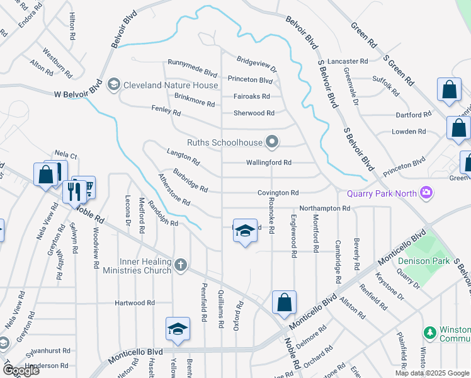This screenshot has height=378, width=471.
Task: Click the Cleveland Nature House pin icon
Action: click(114, 84)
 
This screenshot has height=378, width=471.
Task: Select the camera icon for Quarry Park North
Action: click(426, 192)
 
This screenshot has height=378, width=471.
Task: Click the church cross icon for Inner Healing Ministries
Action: click(181, 265)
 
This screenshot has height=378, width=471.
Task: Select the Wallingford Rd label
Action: click(270, 163)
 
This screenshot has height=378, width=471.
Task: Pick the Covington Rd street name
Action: click(277, 193)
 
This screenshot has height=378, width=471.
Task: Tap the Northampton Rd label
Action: click(324, 208)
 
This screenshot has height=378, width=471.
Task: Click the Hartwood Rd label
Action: click(134, 303)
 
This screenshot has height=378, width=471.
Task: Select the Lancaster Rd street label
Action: click(347, 61)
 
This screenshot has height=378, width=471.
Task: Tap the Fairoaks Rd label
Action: click(251, 96)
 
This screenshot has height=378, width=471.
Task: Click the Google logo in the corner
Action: click(20, 370)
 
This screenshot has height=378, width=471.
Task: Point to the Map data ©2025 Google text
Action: click(431, 373)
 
